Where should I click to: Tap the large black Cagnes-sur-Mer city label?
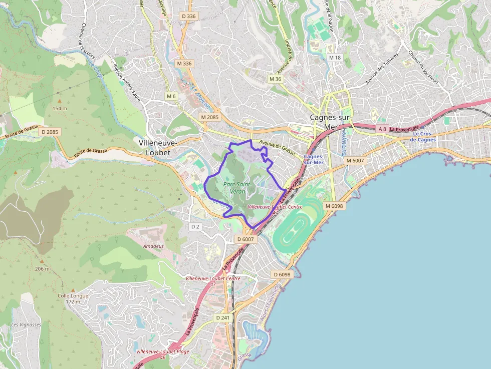[x=331, y=122]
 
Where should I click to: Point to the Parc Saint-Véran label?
[x=237, y=188]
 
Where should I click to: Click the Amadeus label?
[x=153, y=246]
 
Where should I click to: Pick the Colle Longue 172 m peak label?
[x=73, y=298]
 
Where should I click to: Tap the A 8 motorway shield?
[x=382, y=129]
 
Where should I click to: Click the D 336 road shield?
[x=189, y=16]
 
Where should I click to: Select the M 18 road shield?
[x=335, y=58]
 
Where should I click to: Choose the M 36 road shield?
[x=275, y=79]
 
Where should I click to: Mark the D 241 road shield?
[x=223, y=318]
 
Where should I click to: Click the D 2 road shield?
[x=195, y=226]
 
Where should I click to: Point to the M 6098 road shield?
[x=334, y=206]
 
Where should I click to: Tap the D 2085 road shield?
[x=50, y=132]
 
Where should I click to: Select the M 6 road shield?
[x=171, y=96]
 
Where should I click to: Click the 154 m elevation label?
[x=60, y=108]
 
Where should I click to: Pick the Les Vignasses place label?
[x=26, y=324]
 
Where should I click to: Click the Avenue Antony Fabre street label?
[x=127, y=81]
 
